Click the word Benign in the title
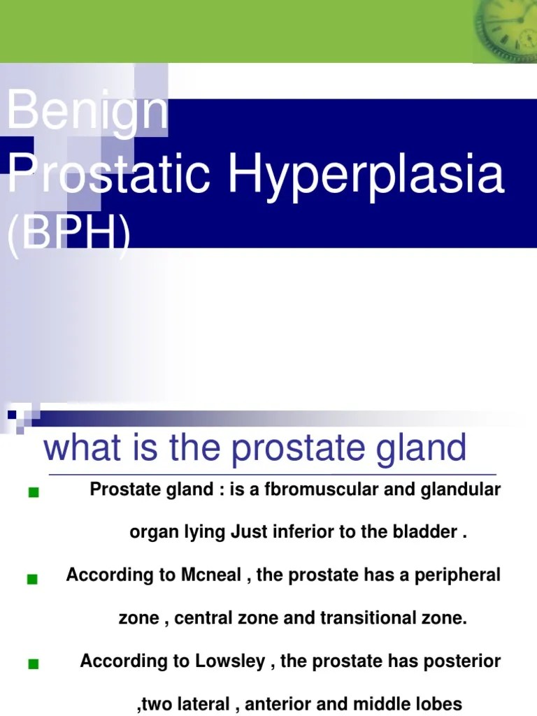(x=87, y=110)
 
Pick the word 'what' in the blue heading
(x=83, y=448)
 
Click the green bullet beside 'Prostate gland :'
(x=33, y=494)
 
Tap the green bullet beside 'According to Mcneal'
(x=32, y=579)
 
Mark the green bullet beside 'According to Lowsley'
(x=33, y=665)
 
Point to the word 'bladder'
(x=429, y=532)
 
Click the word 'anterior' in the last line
(x=275, y=704)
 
